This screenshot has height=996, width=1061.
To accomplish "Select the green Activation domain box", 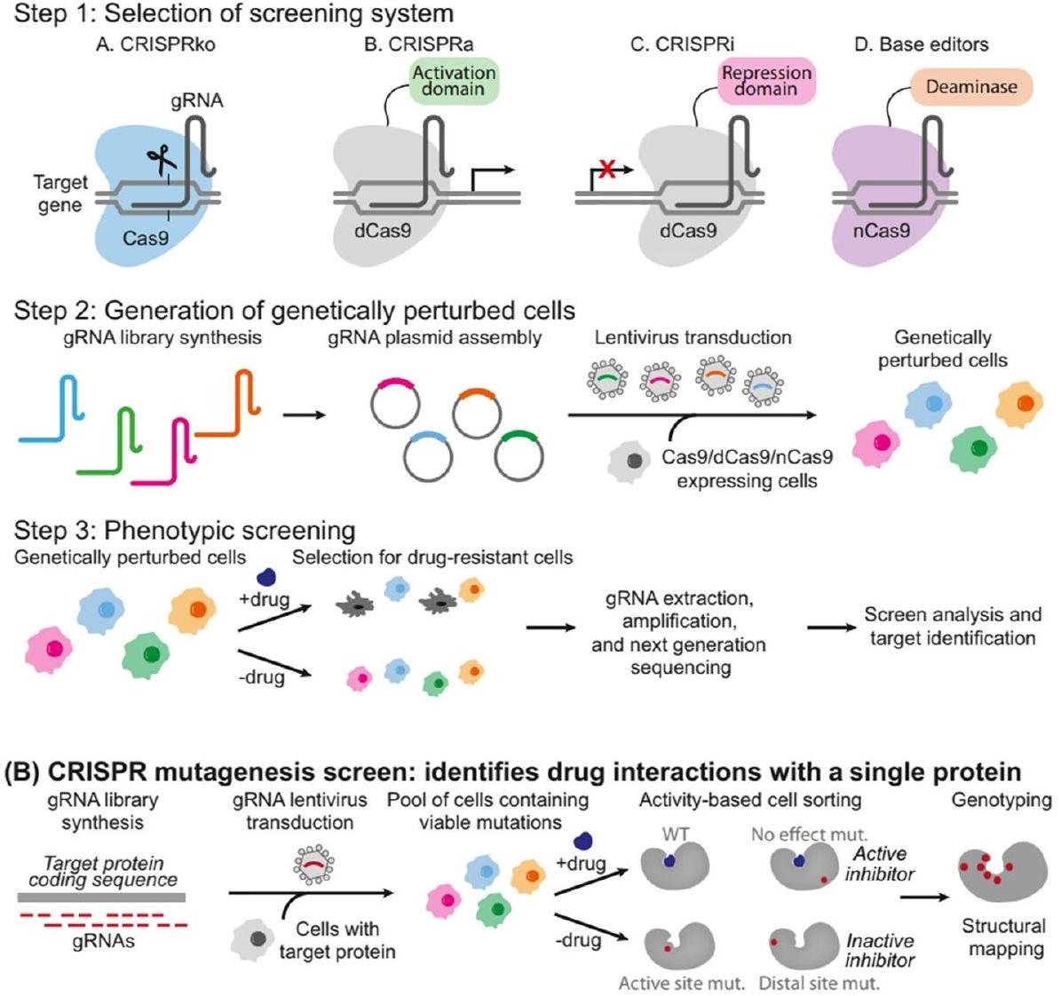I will (454, 81).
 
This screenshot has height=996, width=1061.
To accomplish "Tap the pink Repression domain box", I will (766, 81).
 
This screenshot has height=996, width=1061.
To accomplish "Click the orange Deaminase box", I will (970, 87).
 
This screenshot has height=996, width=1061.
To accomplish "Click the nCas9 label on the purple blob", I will (882, 231).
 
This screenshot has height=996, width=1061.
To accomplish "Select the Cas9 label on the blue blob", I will (146, 237).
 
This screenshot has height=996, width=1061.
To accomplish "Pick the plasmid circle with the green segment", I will (519, 456).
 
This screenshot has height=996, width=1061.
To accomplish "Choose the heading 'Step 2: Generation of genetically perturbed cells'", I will (294, 311).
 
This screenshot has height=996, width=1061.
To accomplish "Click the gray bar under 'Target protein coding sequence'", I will (101, 897).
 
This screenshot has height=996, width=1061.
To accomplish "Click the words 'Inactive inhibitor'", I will (880, 950).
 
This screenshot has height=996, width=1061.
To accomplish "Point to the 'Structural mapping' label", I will (1002, 937).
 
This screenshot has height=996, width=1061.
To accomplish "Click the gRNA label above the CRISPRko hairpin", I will (197, 101).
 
